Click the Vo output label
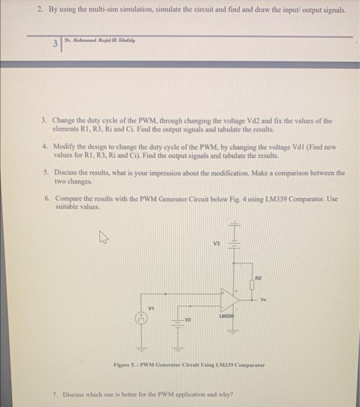(x=263, y=300)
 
